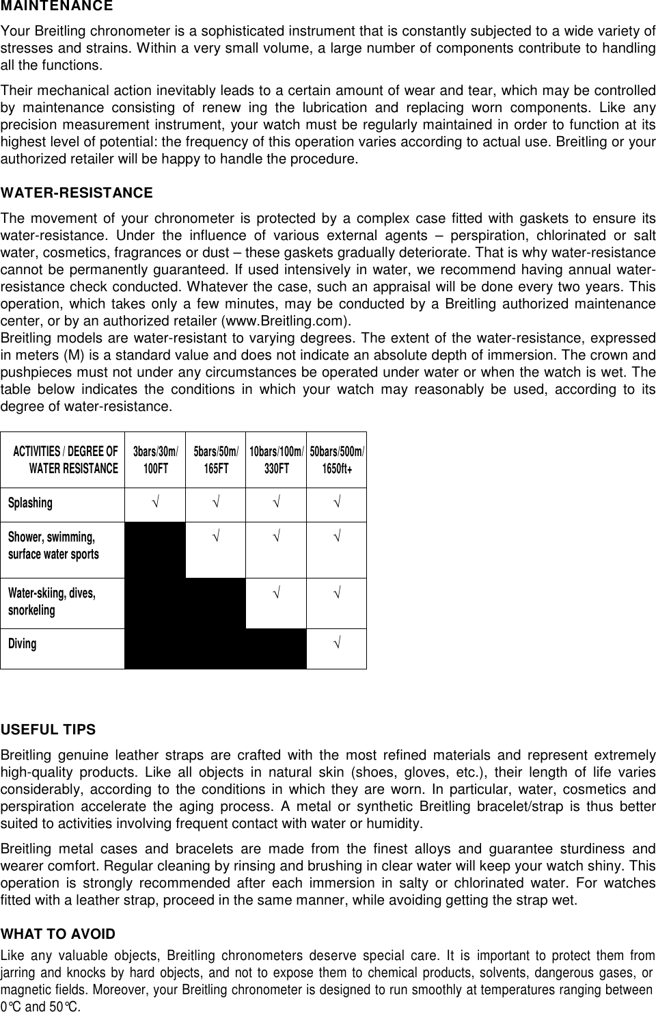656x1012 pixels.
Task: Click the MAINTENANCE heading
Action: pyautogui.click(x=57, y=7)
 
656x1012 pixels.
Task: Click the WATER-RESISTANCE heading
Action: pyautogui.click(x=77, y=194)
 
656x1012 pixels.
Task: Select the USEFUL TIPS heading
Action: pyautogui.click(x=49, y=730)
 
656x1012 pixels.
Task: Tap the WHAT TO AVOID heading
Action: pyautogui.click(x=58, y=934)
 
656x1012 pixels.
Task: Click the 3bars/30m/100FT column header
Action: pyautogui.click(x=155, y=460)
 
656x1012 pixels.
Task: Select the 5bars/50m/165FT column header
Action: pyautogui.click(x=216, y=460)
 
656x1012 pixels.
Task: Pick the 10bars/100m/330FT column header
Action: pyautogui.click(x=276, y=460)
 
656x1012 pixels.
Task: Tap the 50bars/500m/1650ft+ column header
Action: pyautogui.click(x=337, y=460)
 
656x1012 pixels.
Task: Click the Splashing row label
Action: pyautogui.click(x=30, y=503)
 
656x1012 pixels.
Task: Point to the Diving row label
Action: pyautogui.click(x=23, y=643)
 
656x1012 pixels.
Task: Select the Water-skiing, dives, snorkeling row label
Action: pyautogui.click(x=52, y=601)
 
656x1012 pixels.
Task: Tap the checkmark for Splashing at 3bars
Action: pyautogui.click(x=155, y=504)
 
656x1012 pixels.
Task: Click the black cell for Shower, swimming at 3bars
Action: pyautogui.click(x=155, y=550)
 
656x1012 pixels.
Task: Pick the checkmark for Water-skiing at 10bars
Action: pyautogui.click(x=276, y=592)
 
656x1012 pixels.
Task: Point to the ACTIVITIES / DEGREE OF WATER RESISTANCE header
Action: pyautogui.click(x=66, y=460)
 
